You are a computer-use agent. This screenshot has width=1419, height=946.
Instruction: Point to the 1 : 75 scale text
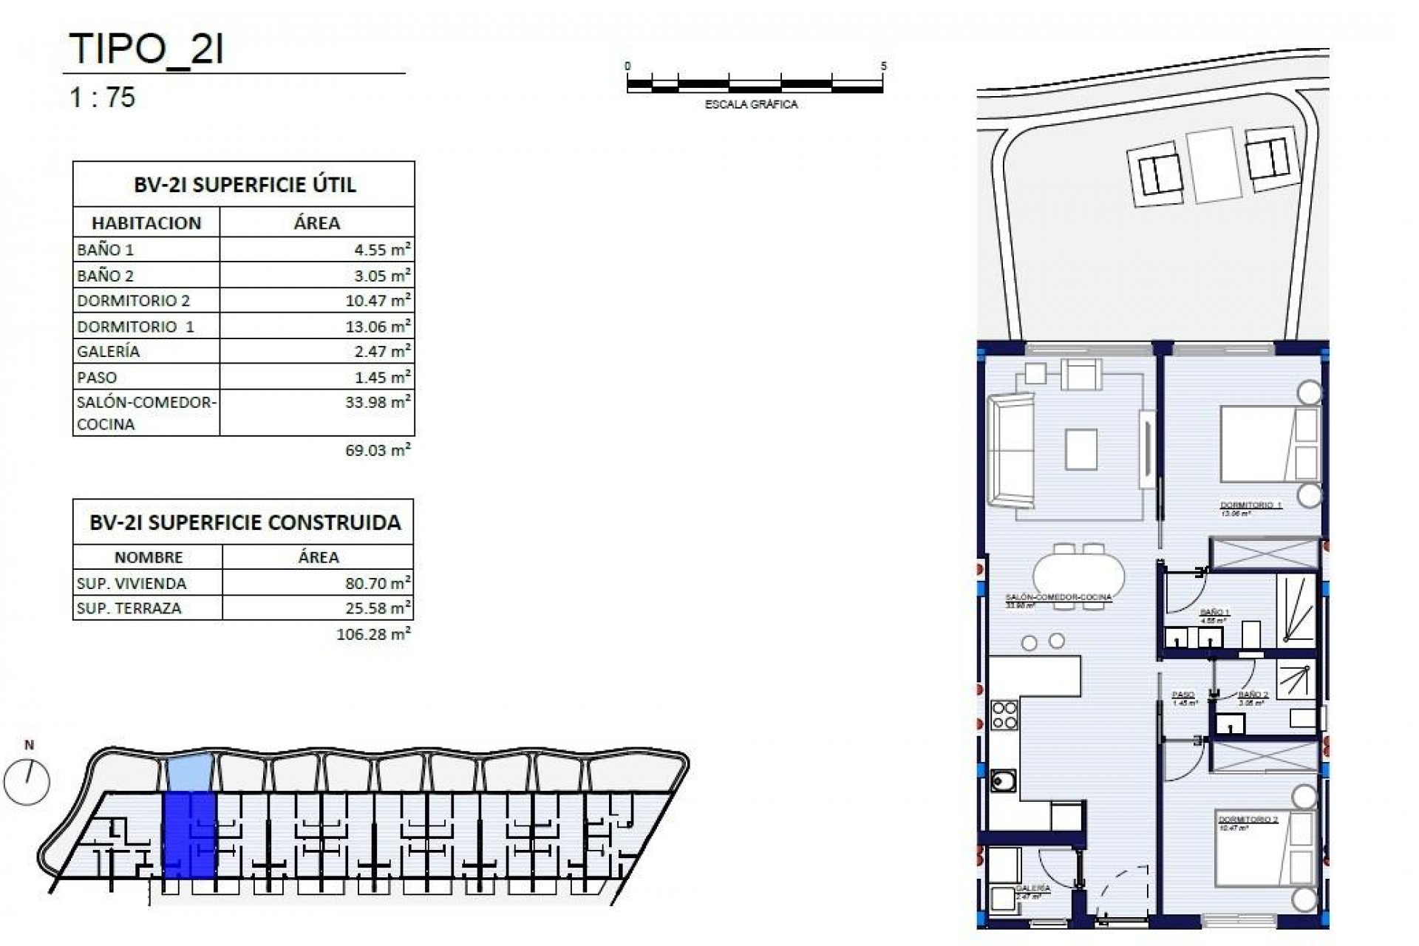coord(102,97)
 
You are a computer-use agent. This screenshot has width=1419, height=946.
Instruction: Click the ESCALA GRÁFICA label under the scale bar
coord(751,104)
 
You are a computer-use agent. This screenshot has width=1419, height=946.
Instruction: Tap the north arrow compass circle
coord(27,781)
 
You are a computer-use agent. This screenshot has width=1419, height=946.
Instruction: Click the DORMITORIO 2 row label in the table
coord(133,300)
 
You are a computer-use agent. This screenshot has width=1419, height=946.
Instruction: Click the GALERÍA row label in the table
coord(108,352)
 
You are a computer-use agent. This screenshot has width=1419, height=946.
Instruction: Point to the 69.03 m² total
coord(378,450)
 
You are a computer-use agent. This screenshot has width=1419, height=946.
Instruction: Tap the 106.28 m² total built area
coord(373,634)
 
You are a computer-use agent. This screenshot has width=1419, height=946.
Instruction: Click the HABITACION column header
coord(146,222)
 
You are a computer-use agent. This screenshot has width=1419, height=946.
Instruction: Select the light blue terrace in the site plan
coord(190,772)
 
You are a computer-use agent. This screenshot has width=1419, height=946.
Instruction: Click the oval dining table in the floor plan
coord(1078,577)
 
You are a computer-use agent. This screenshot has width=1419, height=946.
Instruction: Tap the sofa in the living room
coord(1009,451)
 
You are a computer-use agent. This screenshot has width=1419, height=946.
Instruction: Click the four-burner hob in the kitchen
coord(1004,715)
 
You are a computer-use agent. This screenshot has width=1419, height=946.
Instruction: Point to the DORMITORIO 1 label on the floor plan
coord(1250,506)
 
